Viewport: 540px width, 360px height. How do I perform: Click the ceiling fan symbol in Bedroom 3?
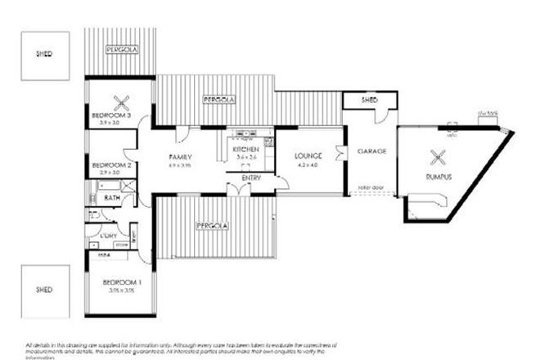124,102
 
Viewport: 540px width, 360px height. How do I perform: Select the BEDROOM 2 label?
111,165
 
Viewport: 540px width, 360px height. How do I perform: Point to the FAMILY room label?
180,156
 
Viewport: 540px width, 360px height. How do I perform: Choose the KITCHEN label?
245,151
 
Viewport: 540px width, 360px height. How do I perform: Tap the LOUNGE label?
308,155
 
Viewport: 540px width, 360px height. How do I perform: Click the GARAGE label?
371,152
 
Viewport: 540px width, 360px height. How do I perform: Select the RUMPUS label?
439,177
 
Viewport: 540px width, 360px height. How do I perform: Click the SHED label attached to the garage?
369,100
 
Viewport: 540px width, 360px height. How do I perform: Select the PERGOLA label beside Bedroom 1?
210,225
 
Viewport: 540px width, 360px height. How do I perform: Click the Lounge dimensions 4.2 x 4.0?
308,164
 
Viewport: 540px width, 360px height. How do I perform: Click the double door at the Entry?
238,190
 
